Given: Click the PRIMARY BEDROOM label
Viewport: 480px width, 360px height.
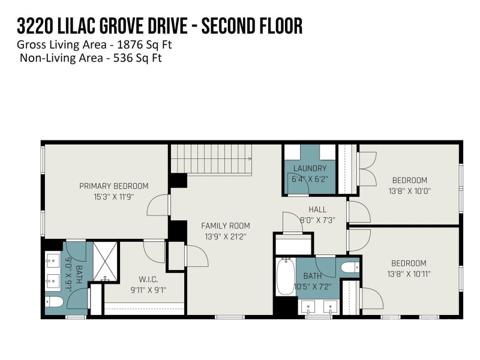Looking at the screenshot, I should pos(113,186).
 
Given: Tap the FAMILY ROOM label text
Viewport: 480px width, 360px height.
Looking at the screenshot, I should pos(225,226).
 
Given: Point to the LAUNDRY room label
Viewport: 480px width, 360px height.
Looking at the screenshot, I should pos(310,169).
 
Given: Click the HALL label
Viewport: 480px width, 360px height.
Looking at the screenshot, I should pos(317,209).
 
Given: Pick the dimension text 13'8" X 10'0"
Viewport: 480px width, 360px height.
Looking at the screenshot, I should pos(410,191).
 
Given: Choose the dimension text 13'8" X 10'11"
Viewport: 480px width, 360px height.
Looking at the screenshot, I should pos(409,274).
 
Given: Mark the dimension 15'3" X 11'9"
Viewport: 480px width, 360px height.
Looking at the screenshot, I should pos(113,197).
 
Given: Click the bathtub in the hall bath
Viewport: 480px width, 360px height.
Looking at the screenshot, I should pos(286,277).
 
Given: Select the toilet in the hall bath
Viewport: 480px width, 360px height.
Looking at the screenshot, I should pos(349,266).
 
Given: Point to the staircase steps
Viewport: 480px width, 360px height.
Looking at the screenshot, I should pos(210,160).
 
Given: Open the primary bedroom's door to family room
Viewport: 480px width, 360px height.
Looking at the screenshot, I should pos(158,205).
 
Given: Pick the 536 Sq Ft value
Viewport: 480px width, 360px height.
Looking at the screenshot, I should pos(135,58).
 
